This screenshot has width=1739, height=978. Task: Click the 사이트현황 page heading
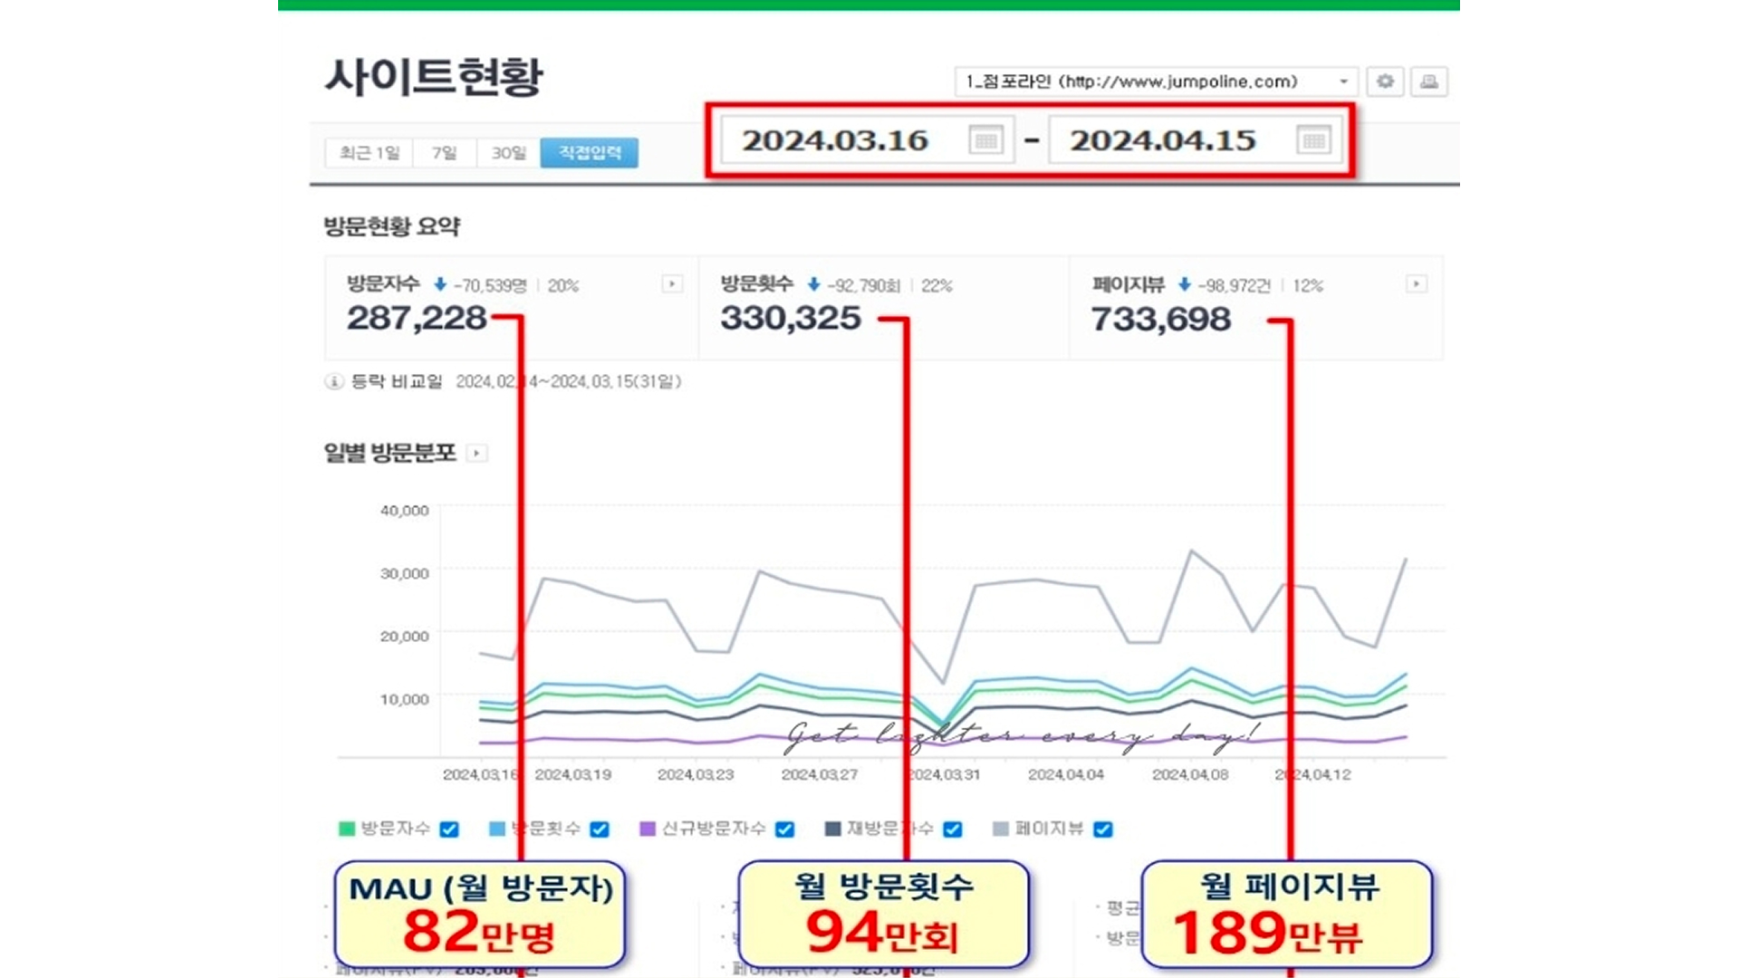coord(433,76)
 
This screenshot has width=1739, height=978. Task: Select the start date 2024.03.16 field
coord(835,140)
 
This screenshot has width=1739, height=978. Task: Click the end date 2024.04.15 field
coord(1163,140)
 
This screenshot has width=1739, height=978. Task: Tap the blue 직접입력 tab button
coord(589,152)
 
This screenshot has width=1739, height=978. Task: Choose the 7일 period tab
coord(444,152)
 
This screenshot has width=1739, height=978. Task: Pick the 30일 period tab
coord(508,152)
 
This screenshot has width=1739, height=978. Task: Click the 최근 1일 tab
coord(369,152)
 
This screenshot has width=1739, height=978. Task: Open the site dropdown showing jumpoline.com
coord(1156,81)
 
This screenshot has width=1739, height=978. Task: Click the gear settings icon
coord(1385,81)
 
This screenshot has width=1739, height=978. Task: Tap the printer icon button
coord(1428,81)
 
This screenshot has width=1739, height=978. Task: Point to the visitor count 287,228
coord(417,318)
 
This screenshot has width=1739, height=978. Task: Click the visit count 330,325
coord(790,318)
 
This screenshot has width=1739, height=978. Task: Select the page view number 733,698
coord(1160,319)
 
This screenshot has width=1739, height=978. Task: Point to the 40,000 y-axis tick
coord(404,511)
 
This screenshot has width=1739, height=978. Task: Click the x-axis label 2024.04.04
coord(1066,775)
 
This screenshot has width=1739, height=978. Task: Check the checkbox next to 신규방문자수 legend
coord(785,829)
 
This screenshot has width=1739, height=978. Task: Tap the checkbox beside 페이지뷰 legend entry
coord(1102,829)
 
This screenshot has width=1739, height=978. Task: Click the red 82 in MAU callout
coord(440,931)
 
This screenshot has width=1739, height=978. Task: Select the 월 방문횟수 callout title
coord(883,886)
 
